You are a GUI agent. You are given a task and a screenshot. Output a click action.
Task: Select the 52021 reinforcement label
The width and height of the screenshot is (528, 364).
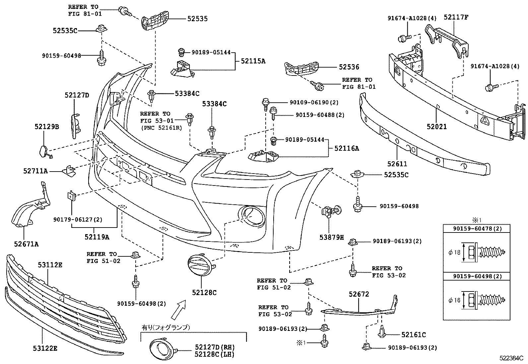(436, 127)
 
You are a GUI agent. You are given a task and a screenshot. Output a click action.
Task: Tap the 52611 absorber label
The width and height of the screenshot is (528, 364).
(397, 164)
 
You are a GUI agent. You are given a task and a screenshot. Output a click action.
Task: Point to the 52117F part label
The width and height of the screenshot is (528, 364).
(456, 18)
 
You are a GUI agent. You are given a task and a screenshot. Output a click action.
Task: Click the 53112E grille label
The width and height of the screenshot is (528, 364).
(50, 265)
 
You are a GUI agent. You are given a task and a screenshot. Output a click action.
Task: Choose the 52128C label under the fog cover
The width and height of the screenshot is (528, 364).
(204, 292)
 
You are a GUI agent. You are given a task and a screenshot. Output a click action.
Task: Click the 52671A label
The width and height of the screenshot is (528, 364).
(26, 244)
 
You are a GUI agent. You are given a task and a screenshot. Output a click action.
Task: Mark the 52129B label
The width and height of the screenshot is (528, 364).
(47, 127)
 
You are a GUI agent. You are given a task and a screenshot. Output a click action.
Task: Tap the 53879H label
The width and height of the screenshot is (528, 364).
(332, 237)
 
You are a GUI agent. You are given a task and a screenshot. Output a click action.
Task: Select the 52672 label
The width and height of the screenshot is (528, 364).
(359, 294)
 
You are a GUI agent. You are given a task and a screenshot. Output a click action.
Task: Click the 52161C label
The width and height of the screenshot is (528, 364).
(414, 335)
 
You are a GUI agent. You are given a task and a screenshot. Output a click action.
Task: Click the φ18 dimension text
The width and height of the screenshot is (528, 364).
(454, 252)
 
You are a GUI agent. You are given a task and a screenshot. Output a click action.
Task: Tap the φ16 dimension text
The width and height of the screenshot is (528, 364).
(454, 300)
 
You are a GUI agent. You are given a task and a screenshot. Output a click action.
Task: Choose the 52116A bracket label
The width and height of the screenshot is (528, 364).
(347, 148)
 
